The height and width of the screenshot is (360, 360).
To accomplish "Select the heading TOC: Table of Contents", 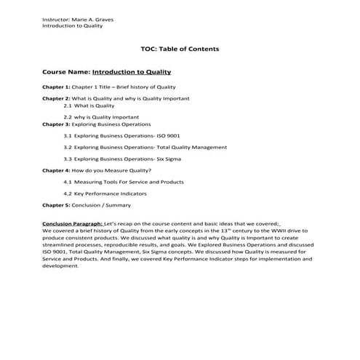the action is click(180, 49).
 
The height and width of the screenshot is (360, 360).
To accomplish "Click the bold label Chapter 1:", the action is click(56, 87).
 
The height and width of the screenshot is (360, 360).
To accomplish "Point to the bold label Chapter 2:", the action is click(56, 97).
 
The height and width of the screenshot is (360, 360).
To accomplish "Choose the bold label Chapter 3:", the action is click(56, 124).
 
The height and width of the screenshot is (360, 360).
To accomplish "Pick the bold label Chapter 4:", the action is click(56, 169).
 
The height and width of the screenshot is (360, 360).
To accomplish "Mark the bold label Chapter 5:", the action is click(56, 205).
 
